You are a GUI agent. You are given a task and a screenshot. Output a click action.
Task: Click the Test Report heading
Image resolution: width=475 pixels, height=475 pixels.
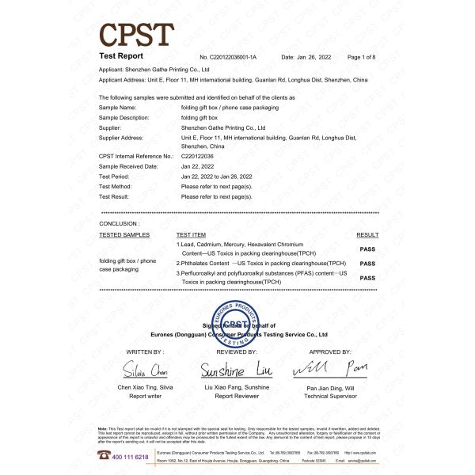121,57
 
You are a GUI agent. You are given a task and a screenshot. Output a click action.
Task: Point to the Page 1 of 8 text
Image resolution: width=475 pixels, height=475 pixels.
363,58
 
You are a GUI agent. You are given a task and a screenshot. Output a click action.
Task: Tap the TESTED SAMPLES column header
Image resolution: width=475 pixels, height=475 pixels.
124,235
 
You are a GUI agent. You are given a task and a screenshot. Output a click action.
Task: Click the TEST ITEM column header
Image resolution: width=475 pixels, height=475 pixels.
191,235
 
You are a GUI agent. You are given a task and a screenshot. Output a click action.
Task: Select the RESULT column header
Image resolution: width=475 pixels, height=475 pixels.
367,235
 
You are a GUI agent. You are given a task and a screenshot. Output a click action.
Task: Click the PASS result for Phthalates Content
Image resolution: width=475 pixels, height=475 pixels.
367,263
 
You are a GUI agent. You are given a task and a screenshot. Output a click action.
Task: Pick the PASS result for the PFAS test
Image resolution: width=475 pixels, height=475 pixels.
367,278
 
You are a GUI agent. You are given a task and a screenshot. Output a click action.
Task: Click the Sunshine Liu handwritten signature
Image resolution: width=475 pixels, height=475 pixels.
237,370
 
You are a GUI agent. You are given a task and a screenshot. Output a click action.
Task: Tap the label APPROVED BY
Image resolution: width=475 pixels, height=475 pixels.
329,351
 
